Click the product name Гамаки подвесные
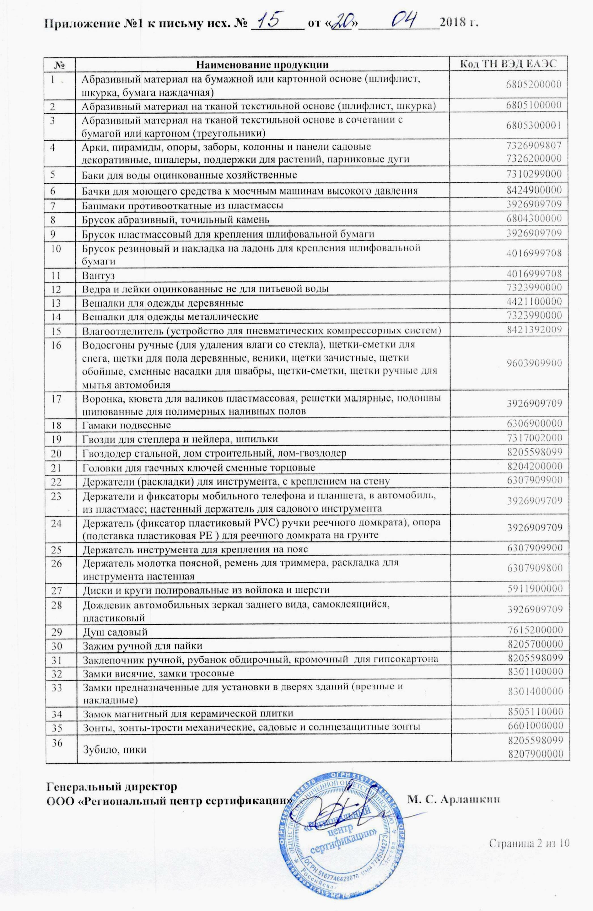click(127, 425)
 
